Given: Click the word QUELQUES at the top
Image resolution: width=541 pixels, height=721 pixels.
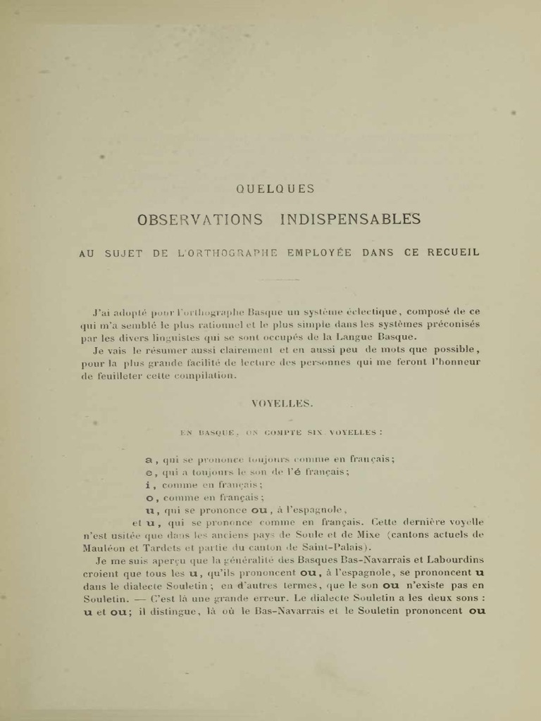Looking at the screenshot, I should (275, 189).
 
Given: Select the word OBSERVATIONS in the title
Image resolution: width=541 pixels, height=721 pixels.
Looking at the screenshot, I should (201, 219).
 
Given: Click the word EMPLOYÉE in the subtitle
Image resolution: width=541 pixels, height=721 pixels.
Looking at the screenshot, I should (318, 253).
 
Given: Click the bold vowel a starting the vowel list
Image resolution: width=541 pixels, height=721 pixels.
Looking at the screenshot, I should (149, 459).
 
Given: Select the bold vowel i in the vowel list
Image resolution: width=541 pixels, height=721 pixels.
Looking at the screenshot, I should (148, 484).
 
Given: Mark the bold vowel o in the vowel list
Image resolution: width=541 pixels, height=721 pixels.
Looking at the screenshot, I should (149, 497).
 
